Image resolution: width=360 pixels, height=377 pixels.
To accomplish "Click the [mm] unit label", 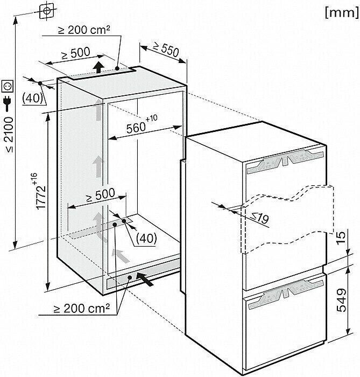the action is pyautogui.click(x=342, y=12).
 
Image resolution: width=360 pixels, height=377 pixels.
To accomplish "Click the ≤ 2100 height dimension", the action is pyautogui.click(x=9, y=135).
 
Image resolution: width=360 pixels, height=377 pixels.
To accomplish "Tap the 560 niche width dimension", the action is pyautogui.click(x=142, y=124).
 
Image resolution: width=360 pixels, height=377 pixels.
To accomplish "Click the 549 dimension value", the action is pyautogui.click(x=342, y=300).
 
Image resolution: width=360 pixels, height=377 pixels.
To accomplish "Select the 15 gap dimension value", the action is pyautogui.click(x=341, y=237).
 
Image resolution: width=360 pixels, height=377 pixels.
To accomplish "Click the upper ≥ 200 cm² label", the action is pyautogui.click(x=84, y=30).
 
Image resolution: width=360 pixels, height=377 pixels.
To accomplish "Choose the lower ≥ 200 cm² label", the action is pyautogui.click(x=82, y=309).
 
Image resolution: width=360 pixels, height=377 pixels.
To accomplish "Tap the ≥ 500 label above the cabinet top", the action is pyautogui.click(x=76, y=53).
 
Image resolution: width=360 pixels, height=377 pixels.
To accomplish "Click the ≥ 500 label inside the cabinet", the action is pyautogui.click(x=101, y=195).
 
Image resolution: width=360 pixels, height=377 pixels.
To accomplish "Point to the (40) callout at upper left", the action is pyautogui.click(x=32, y=98).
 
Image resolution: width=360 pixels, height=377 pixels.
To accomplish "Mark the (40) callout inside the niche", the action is pyautogui.click(x=146, y=238).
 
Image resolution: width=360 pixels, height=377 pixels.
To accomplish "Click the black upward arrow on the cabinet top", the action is pyautogui.click(x=98, y=67).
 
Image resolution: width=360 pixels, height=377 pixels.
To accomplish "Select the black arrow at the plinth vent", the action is pyautogui.click(x=145, y=279).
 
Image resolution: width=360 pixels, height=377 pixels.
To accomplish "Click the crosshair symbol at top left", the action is pyautogui.click(x=47, y=11).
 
